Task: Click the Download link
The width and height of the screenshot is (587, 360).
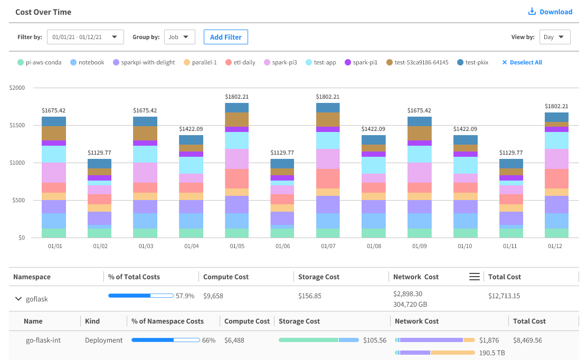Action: (x=551, y=12)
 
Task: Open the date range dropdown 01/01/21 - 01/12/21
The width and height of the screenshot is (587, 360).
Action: (x=86, y=37)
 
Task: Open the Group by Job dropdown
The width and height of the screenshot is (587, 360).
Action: (x=179, y=37)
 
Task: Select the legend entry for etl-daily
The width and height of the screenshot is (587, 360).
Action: (x=240, y=62)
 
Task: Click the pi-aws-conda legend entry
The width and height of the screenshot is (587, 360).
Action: (x=39, y=62)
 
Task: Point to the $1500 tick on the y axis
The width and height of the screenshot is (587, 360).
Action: (x=17, y=126)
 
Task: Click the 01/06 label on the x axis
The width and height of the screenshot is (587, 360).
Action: (x=282, y=247)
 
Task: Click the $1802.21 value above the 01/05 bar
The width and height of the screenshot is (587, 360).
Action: (x=237, y=97)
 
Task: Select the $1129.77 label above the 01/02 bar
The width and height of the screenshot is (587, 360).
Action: (x=100, y=153)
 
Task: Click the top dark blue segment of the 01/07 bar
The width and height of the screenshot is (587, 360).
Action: (x=328, y=108)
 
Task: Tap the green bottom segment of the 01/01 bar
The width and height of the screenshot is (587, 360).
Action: (x=54, y=233)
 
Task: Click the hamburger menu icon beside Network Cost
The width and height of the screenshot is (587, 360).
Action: (x=475, y=277)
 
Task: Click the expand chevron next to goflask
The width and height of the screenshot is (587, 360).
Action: (x=18, y=299)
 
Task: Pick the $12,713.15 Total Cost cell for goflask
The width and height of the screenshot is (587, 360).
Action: (x=504, y=296)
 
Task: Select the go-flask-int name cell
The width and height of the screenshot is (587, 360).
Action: (x=43, y=340)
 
